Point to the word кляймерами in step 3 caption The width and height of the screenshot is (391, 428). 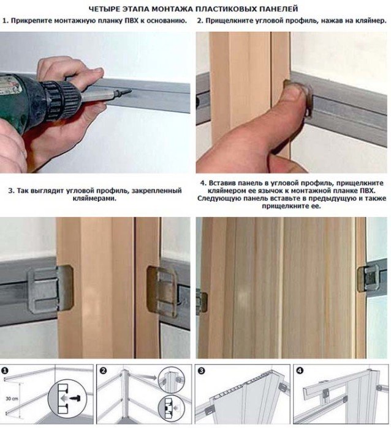pyautogui.click(x=94, y=198)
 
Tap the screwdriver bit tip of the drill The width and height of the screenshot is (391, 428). pyautogui.click(x=129, y=90)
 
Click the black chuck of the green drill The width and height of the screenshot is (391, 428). pyautogui.click(x=59, y=100)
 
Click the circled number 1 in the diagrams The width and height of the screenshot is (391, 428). pyautogui.click(x=5, y=371)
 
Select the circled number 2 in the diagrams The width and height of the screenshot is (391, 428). pyautogui.click(x=103, y=371)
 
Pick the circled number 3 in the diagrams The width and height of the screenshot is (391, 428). pyautogui.click(x=202, y=371)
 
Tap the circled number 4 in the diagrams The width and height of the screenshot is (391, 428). pyautogui.click(x=300, y=371)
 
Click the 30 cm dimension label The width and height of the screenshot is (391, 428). pyautogui.click(x=12, y=399)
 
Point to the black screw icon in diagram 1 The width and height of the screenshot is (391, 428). pyautogui.click(x=74, y=398)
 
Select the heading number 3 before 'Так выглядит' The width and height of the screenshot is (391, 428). pyautogui.click(x=10, y=191)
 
